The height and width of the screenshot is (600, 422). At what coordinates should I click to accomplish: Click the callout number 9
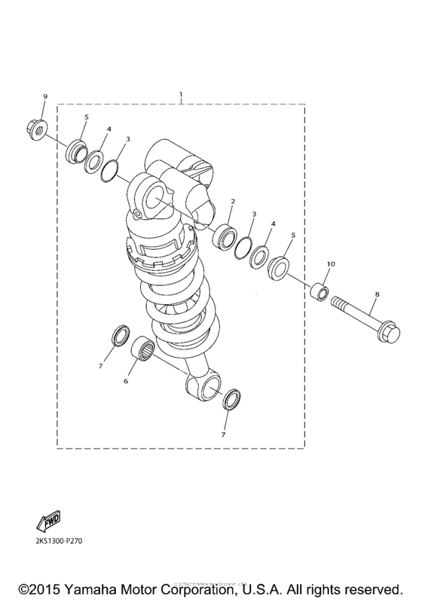point(44,97)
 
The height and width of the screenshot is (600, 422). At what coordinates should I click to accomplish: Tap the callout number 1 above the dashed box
point(181,95)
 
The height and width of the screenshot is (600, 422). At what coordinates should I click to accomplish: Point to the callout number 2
point(233,202)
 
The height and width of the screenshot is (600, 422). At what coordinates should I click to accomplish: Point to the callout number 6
point(126,381)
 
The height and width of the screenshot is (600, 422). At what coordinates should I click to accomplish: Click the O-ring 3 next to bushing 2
point(245,246)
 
